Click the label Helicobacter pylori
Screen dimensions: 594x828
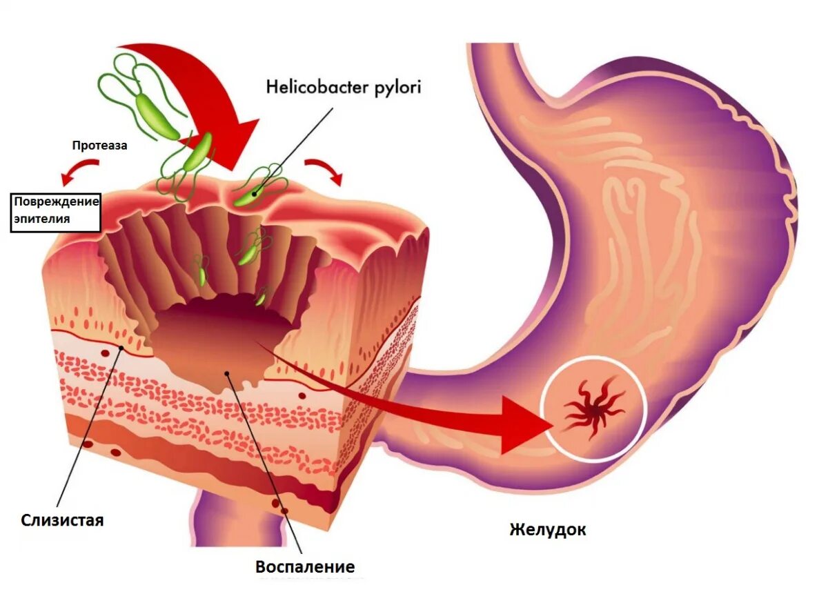pos(343,87)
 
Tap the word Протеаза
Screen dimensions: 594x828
pos(100,146)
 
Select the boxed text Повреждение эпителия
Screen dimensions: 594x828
pos(56,212)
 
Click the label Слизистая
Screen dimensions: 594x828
pos(62,519)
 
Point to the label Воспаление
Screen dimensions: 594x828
pos(305,567)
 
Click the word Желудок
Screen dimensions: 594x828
pos(548,530)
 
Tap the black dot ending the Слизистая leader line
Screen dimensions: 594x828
pos(123,348)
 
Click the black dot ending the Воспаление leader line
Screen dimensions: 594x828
pos(227,373)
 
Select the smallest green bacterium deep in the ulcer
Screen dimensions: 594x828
pos(260,299)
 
